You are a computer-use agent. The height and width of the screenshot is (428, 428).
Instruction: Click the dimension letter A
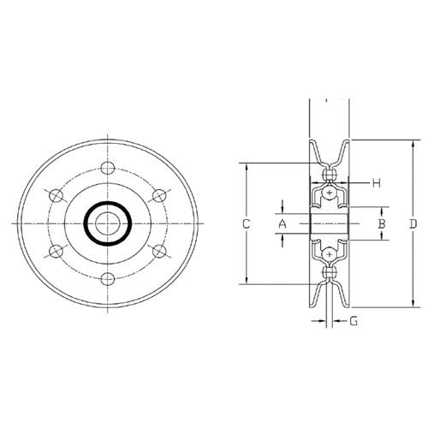tap(281, 223)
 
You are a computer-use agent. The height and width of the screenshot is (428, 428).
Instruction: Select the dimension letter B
tap(383, 223)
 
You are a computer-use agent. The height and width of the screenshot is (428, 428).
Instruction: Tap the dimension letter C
tap(246, 223)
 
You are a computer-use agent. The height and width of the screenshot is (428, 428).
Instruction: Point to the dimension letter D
tap(413, 223)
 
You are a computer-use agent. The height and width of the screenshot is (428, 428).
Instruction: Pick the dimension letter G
tap(354, 322)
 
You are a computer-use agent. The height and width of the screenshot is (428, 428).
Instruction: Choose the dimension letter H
tap(376, 182)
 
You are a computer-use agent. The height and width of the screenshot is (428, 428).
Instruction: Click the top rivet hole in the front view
tap(107, 168)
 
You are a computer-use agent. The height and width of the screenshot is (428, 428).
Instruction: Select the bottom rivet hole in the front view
tap(107, 279)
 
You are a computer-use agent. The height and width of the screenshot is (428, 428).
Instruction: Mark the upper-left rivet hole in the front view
tap(58, 196)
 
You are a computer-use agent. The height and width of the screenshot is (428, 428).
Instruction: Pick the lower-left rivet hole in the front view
tap(58, 251)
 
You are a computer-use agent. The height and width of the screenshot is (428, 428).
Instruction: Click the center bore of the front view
tap(107, 223)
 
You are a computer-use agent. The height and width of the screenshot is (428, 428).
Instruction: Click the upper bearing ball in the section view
tap(330, 195)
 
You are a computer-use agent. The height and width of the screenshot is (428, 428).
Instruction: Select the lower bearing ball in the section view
tap(330, 253)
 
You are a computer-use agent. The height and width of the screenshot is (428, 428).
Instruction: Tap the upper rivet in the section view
tap(330, 175)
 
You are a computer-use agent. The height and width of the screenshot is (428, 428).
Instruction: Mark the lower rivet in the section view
tap(330, 273)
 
